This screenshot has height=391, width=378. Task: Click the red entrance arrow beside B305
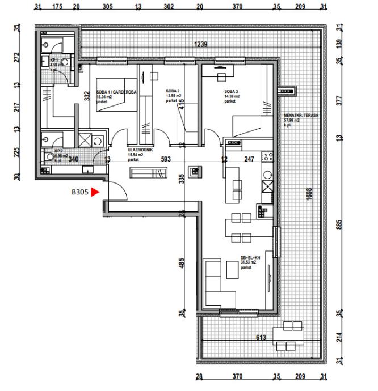point(95,192)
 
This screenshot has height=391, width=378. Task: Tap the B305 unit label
point(80,192)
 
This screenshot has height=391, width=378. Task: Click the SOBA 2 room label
point(173,91)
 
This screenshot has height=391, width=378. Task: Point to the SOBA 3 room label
point(232,91)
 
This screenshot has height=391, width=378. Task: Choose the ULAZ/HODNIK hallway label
point(139,150)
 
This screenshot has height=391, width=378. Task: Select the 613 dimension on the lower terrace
point(261,338)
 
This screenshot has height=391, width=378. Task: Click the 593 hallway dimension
point(166,160)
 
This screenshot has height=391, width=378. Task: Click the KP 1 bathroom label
point(55,59)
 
